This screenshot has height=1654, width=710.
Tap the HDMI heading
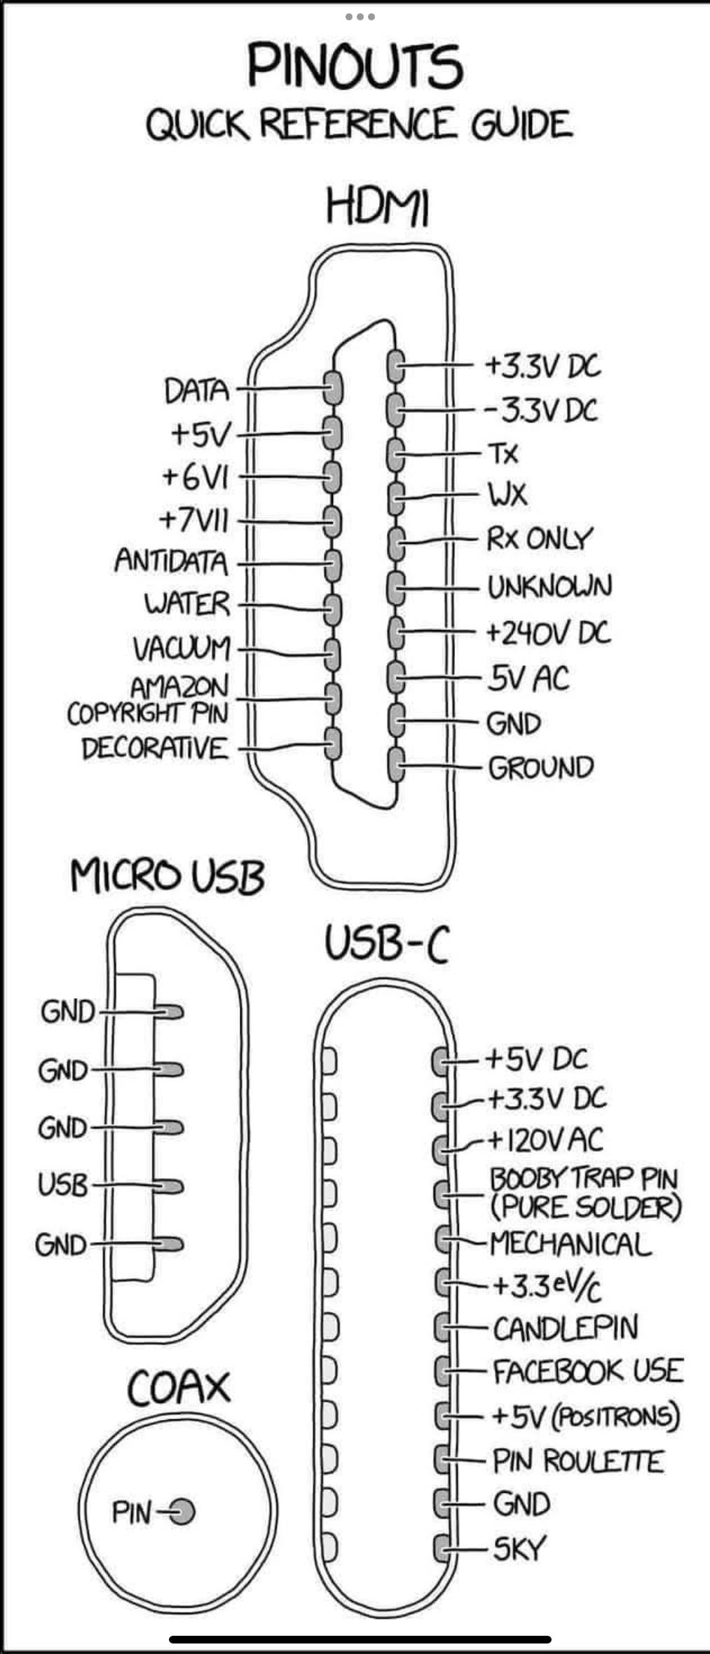coord(376,207)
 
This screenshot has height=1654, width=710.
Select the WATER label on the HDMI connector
coord(187,604)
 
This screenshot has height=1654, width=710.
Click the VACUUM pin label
coord(182,648)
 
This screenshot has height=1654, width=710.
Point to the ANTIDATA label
coord(172,561)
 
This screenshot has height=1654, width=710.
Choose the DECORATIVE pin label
coord(155,749)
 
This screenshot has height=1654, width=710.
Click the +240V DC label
coord(548,633)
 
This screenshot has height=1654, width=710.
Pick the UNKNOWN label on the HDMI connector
coord(549,587)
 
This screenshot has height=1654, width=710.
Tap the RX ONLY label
coord(540,540)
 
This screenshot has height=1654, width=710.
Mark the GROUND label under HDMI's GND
coord(540,768)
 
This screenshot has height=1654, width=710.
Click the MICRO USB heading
coord(168,876)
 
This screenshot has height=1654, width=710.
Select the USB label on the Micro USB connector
coord(63,1185)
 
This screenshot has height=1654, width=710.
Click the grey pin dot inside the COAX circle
coord(182,1512)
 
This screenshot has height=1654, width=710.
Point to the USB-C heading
coord(386,943)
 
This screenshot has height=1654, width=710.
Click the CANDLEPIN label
coord(565,1328)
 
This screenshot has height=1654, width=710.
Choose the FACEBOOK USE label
coord(587,1372)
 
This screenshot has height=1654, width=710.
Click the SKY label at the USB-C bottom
coord(519,1549)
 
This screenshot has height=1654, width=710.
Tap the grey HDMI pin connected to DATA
coord(332,388)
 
